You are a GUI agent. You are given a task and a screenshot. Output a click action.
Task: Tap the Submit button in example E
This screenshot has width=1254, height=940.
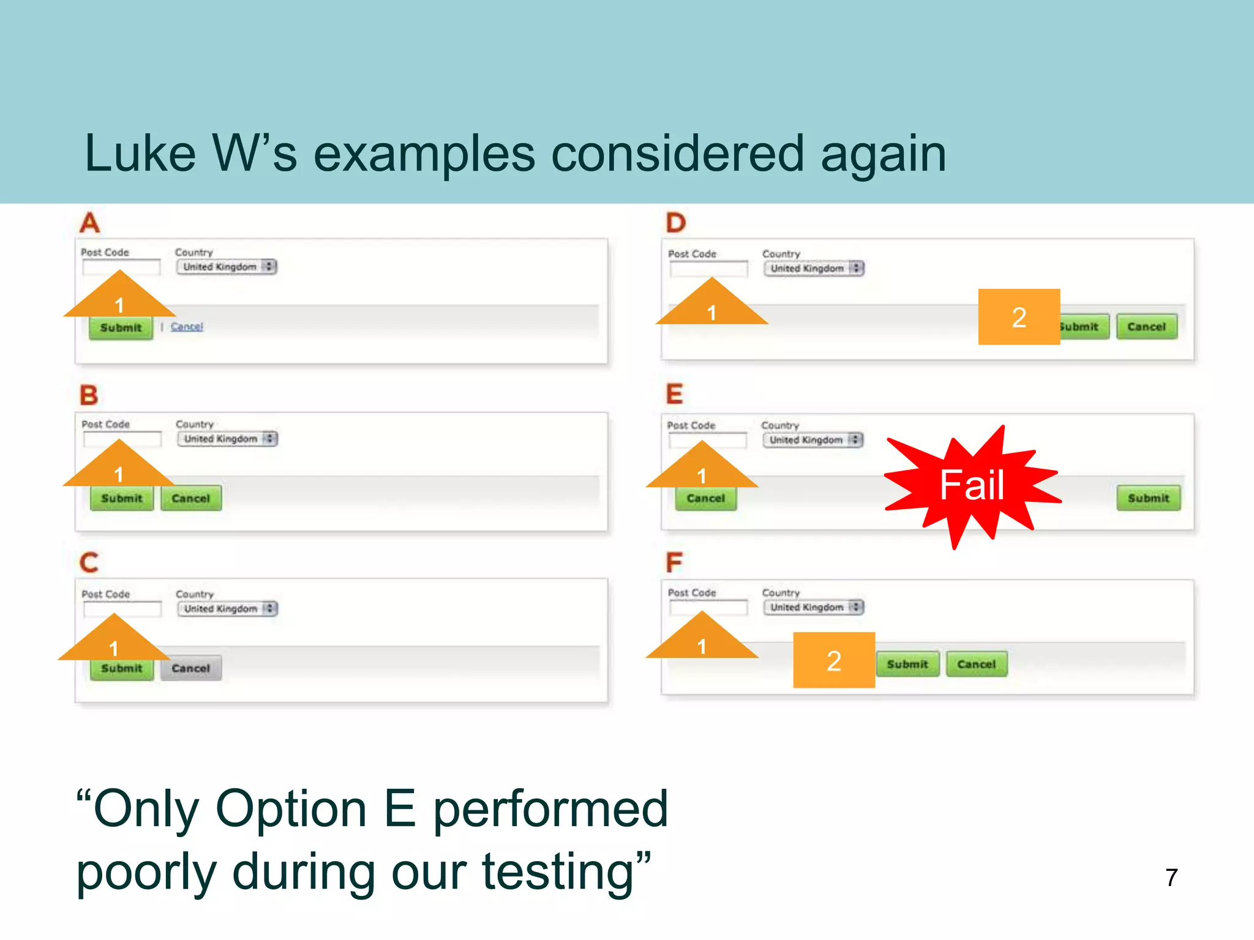(1148, 498)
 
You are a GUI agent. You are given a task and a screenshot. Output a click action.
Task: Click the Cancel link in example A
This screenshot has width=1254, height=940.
(187, 327)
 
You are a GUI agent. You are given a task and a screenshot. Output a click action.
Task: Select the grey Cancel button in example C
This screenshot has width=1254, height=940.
(190, 668)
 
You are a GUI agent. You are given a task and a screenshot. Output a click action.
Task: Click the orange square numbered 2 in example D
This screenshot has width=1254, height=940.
(1019, 317)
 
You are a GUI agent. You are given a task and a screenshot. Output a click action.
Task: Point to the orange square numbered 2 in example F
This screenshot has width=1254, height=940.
(834, 660)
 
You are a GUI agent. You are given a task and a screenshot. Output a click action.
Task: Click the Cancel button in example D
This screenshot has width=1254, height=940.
(1146, 327)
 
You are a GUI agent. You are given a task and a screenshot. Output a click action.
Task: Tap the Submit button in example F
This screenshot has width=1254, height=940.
(907, 664)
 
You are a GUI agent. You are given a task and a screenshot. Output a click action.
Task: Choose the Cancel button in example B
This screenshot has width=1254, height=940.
(190, 498)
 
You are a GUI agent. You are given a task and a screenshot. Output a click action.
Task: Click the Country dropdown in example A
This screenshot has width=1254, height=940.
(227, 267)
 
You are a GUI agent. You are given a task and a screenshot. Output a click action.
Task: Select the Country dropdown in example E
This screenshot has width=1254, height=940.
(813, 440)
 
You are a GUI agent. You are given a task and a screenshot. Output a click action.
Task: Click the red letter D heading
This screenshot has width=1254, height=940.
(676, 223)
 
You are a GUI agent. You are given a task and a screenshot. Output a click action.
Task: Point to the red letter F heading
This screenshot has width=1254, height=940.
(674, 562)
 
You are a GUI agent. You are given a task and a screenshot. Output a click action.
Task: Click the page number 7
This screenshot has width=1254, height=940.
(1171, 878)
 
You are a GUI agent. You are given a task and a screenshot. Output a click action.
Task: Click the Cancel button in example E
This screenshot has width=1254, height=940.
(705, 498)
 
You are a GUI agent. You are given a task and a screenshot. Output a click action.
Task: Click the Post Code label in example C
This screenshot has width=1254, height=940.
(106, 594)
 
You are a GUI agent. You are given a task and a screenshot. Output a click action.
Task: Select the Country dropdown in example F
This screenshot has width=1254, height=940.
(813, 607)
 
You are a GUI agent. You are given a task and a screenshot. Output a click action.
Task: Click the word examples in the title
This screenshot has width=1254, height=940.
(424, 154)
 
